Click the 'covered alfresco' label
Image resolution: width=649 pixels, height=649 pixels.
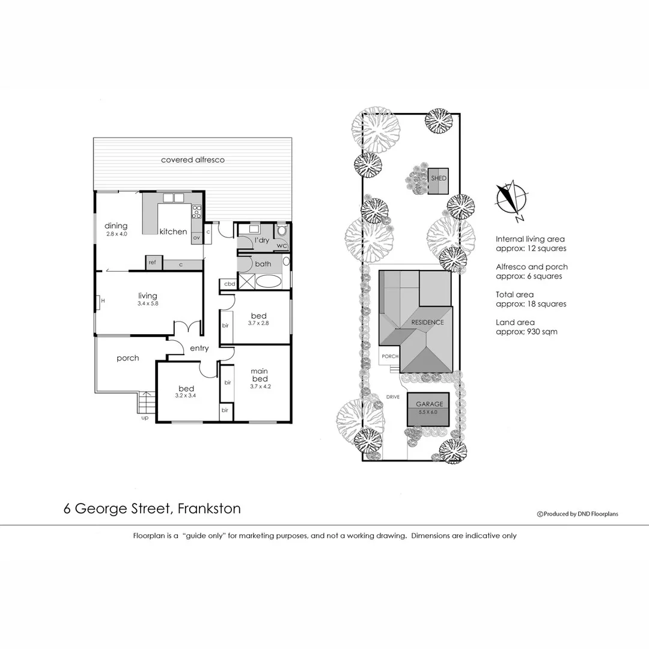tap(192, 160)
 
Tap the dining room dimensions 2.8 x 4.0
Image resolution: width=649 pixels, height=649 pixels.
tap(117, 234)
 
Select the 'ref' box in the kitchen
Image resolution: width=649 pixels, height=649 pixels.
tap(152, 263)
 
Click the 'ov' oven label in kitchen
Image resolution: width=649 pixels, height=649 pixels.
tap(196, 238)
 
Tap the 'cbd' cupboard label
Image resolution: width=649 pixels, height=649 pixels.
tap(229, 284)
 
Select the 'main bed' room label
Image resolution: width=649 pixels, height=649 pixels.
tap(260, 375)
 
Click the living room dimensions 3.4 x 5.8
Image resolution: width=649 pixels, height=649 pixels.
tap(147, 304)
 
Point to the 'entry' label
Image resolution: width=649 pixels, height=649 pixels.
tap(199, 349)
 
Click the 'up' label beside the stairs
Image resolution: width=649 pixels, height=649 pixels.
tap(144, 417)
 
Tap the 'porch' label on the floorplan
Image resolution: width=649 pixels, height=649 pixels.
tap(127, 358)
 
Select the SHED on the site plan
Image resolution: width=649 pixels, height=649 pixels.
tap(438, 178)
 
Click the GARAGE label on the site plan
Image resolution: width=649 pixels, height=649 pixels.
tap(428, 404)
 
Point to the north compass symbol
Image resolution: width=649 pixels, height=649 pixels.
tap(511, 199)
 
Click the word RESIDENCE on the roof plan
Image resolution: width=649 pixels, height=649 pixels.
tap(427, 322)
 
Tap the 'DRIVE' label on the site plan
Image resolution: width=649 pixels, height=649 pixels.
tap(393, 397)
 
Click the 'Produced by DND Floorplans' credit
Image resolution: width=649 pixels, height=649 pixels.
tap(577, 514)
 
